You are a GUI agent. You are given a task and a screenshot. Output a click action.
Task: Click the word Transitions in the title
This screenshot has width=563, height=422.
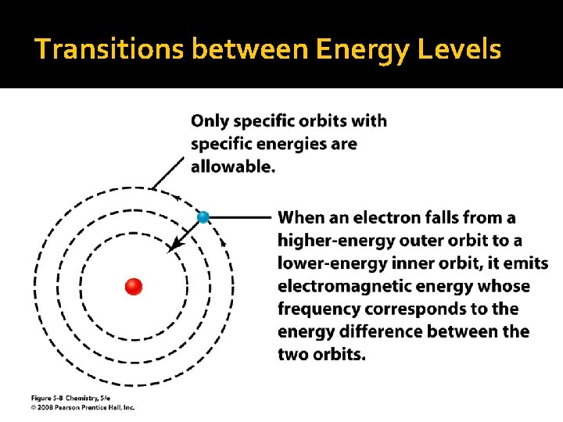click(109, 49)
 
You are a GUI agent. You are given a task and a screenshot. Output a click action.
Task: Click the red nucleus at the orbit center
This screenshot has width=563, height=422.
click(134, 286)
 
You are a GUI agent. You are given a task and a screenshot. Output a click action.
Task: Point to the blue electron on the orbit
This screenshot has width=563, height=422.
click(203, 217)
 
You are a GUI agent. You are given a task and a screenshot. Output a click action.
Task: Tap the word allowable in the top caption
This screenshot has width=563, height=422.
click(232, 166)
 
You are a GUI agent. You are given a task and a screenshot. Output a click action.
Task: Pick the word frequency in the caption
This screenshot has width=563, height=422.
click(317, 309)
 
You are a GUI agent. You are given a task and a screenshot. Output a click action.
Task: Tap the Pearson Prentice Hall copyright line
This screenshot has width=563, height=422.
click(83, 407)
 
